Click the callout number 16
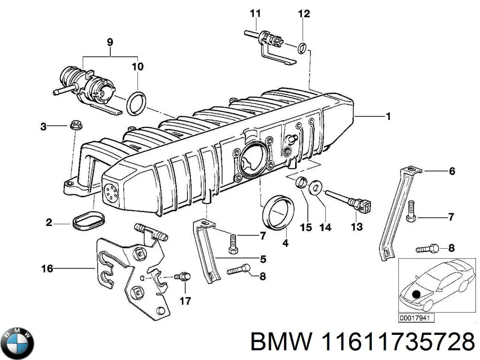(47, 268)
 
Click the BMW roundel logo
(18, 343)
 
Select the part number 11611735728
(397, 342)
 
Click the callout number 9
(109, 42)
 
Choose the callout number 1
(388, 116)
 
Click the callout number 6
(452, 171)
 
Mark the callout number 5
(263, 259)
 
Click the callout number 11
(255, 13)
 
